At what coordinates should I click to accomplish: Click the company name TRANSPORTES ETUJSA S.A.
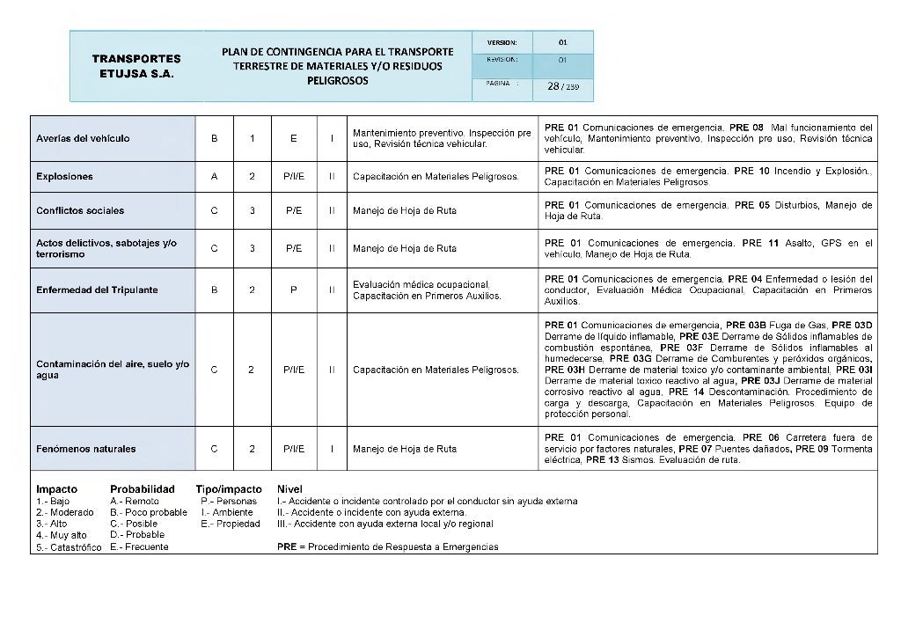(x=136, y=66)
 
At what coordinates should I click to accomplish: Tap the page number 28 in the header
(x=553, y=86)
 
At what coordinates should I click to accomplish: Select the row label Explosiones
(x=64, y=177)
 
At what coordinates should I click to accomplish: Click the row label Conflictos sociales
(x=80, y=211)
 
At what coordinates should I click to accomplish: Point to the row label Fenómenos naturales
(x=85, y=449)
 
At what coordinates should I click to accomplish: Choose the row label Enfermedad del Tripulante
(x=97, y=290)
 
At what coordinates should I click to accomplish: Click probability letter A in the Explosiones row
(x=215, y=177)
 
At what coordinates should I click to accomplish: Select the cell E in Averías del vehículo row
(x=294, y=139)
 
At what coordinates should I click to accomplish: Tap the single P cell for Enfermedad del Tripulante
(x=294, y=290)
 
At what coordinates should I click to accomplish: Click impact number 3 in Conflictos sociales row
(x=253, y=211)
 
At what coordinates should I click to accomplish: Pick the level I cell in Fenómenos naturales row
(x=332, y=449)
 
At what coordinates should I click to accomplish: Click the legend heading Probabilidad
(x=143, y=489)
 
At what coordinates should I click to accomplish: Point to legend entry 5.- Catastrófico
(x=69, y=547)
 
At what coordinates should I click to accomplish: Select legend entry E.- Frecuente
(x=139, y=547)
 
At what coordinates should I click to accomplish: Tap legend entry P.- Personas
(x=230, y=502)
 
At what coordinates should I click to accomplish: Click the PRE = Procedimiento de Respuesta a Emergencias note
(x=387, y=547)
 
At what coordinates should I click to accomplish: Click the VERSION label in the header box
(x=502, y=42)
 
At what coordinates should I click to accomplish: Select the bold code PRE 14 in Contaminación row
(x=685, y=392)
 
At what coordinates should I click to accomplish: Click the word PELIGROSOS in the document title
(x=337, y=80)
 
